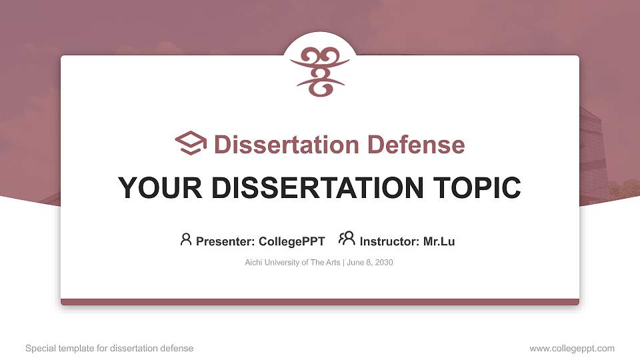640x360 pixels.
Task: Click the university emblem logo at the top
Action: tap(320, 72)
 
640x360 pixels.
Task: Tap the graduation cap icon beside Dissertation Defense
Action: tap(191, 144)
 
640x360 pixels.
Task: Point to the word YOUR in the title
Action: tap(151, 188)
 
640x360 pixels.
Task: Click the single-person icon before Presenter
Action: tap(186, 239)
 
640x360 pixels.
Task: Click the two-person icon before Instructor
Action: tap(346, 239)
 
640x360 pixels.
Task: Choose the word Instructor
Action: tap(390, 241)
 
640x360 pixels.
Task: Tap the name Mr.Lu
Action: tap(439, 241)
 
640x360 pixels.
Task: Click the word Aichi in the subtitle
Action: tap(254, 263)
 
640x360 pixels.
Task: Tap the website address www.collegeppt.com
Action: tap(572, 348)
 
